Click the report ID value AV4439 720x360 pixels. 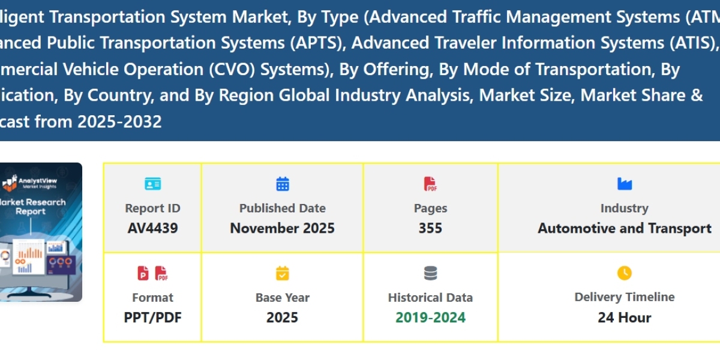(x=152, y=229)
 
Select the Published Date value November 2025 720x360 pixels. (x=282, y=229)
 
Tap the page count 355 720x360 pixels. (x=430, y=229)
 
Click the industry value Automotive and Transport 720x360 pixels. (x=624, y=229)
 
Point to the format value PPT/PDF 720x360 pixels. (x=152, y=317)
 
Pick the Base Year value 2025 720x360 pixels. (x=282, y=317)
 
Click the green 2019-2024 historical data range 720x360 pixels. (x=430, y=317)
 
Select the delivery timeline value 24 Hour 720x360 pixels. (x=624, y=317)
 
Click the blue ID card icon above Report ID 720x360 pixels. (x=152, y=184)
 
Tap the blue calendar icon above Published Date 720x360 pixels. (x=283, y=184)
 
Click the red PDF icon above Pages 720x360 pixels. (x=430, y=184)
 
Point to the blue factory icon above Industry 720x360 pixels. (x=624, y=184)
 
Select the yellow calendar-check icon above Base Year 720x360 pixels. (x=283, y=273)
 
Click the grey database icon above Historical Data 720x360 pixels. (x=430, y=273)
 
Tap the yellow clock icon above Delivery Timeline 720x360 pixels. (x=624, y=273)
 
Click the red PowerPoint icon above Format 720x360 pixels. (x=143, y=273)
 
